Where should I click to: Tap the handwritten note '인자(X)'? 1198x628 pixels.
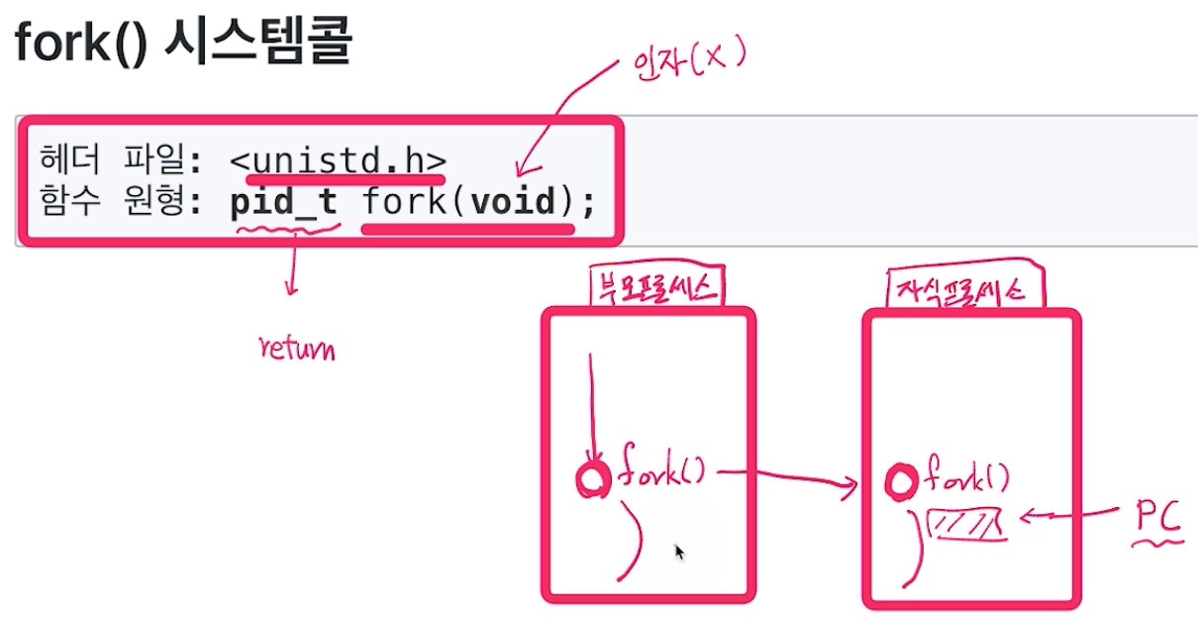(x=686, y=61)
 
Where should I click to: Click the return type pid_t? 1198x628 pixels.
(x=284, y=204)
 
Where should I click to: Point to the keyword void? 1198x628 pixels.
(x=512, y=204)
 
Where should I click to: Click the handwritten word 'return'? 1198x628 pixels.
(x=296, y=349)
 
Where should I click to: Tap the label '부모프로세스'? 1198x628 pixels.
(x=654, y=288)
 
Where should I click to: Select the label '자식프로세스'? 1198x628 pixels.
(x=955, y=290)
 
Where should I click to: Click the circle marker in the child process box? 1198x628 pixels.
(x=901, y=483)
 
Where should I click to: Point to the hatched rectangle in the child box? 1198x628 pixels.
(x=964, y=524)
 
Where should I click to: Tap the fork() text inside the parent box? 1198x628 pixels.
(x=659, y=473)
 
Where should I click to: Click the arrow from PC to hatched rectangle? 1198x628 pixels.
(x=1069, y=515)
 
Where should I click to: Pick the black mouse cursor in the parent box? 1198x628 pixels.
(x=679, y=551)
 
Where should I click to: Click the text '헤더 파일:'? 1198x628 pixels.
(x=120, y=158)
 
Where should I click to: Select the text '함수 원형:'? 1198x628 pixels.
(x=120, y=204)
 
